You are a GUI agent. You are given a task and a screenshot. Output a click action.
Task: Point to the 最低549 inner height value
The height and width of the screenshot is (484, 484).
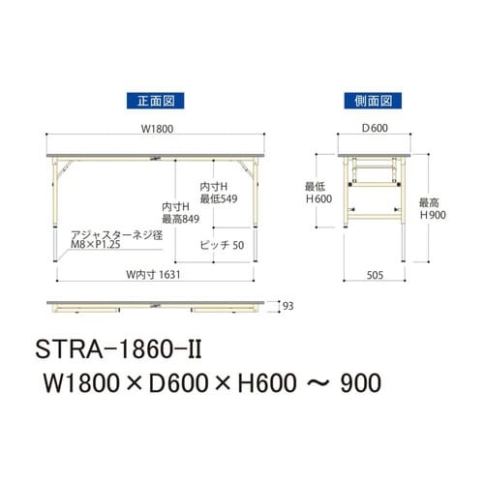[219, 197]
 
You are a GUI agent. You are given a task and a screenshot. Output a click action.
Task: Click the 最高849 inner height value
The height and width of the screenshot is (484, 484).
[181, 220]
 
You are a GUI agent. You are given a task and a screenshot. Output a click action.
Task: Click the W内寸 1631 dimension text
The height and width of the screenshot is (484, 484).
[150, 273]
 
